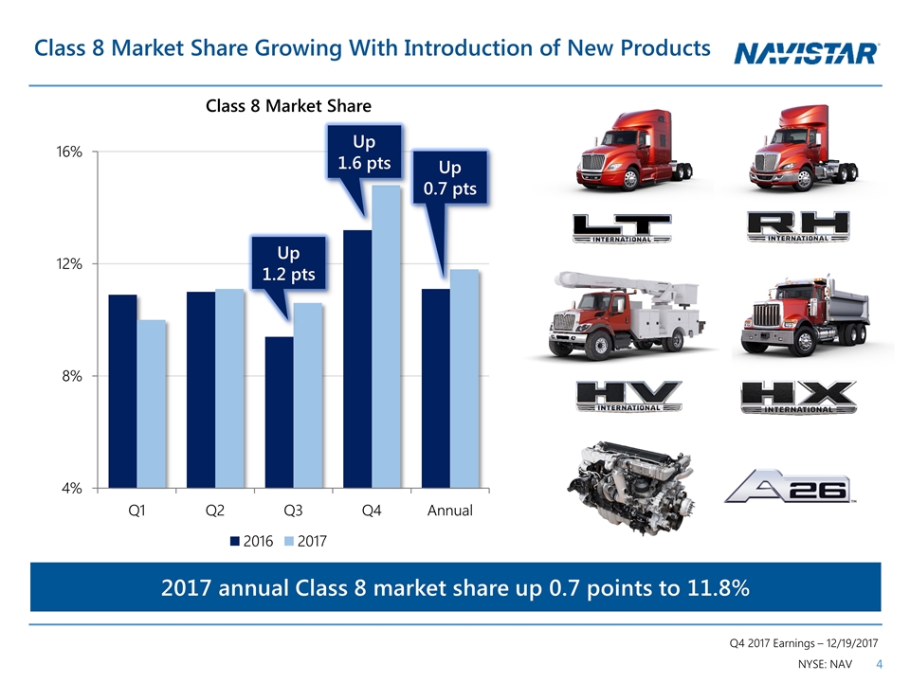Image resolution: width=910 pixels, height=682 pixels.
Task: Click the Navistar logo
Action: (x=808, y=54)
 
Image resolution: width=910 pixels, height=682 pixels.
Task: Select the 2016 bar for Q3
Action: (x=279, y=412)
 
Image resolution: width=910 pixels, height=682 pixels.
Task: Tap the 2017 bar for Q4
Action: (x=387, y=336)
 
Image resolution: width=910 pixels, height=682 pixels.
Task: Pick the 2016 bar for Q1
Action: (x=122, y=391)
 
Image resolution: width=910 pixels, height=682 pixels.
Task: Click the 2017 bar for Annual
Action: (x=464, y=379)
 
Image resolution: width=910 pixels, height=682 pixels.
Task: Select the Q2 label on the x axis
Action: (x=215, y=511)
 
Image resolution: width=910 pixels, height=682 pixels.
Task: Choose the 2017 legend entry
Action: (x=308, y=541)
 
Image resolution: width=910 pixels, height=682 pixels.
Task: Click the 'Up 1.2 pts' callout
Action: (x=288, y=262)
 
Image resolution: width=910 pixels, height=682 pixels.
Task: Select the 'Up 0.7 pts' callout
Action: (x=449, y=177)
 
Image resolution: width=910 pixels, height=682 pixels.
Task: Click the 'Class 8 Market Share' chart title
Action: (x=288, y=106)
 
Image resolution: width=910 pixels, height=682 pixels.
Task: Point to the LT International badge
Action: (x=622, y=228)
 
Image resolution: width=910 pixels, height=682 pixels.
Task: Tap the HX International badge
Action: (x=798, y=397)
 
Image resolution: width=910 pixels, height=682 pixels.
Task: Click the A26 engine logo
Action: (x=790, y=486)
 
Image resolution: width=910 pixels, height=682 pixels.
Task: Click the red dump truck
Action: (x=812, y=317)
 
